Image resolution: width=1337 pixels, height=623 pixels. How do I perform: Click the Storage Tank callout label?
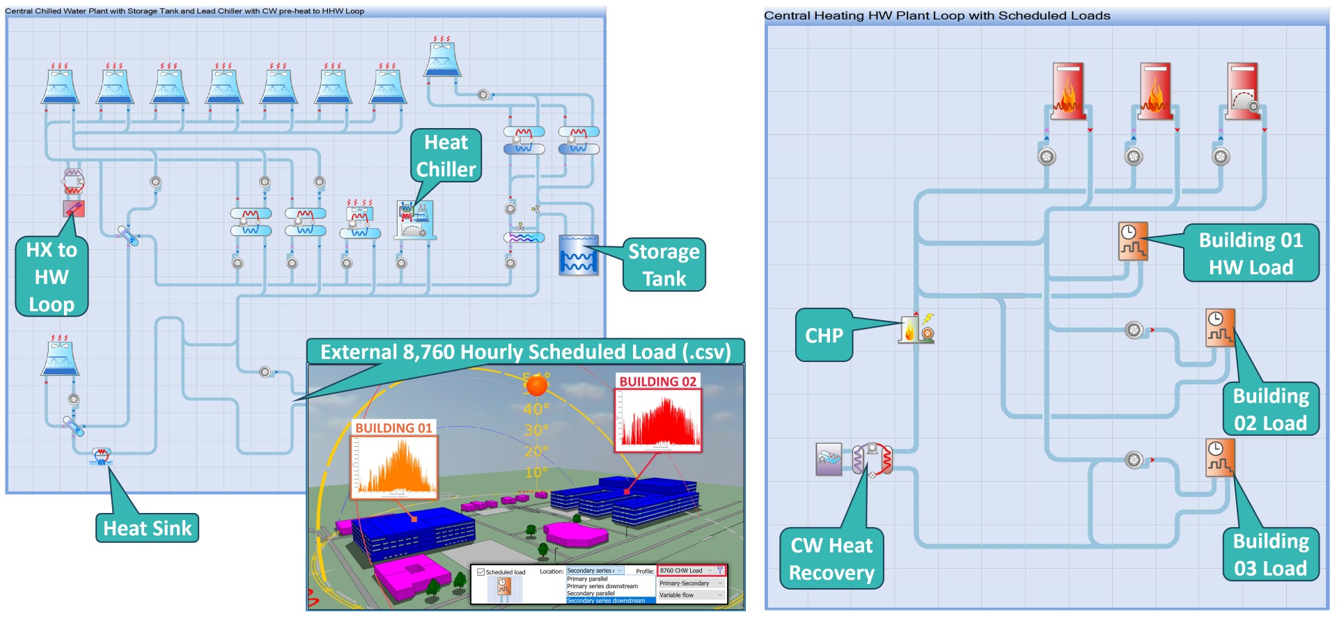[664, 265]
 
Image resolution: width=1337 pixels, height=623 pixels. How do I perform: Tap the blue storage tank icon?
[578, 255]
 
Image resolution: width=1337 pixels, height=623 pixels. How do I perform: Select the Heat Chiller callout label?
[446, 156]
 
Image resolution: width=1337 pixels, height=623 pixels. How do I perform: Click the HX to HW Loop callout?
[52, 277]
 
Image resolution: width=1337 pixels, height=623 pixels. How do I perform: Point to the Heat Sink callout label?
[147, 528]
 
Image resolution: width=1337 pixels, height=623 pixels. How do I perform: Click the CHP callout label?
[824, 336]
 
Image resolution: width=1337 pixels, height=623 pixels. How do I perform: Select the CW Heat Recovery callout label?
[831, 559]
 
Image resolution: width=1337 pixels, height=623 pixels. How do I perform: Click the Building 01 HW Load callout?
[1251, 253]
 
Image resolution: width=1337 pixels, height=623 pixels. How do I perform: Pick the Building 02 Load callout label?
[1271, 409]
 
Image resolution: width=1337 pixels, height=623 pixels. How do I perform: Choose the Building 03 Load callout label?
[1271, 555]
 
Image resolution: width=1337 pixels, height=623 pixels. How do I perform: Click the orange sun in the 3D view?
[536, 385]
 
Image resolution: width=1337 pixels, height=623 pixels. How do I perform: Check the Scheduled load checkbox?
[480, 572]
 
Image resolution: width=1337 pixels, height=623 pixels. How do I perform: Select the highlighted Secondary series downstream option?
[606, 601]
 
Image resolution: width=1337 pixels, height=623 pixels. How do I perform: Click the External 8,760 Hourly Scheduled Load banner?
[526, 352]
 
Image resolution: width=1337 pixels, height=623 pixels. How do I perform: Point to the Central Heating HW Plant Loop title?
[937, 15]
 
